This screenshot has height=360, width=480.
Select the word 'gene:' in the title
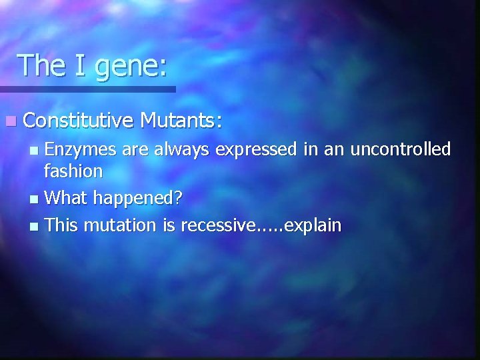[131, 67]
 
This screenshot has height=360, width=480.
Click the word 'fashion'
[73, 171]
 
